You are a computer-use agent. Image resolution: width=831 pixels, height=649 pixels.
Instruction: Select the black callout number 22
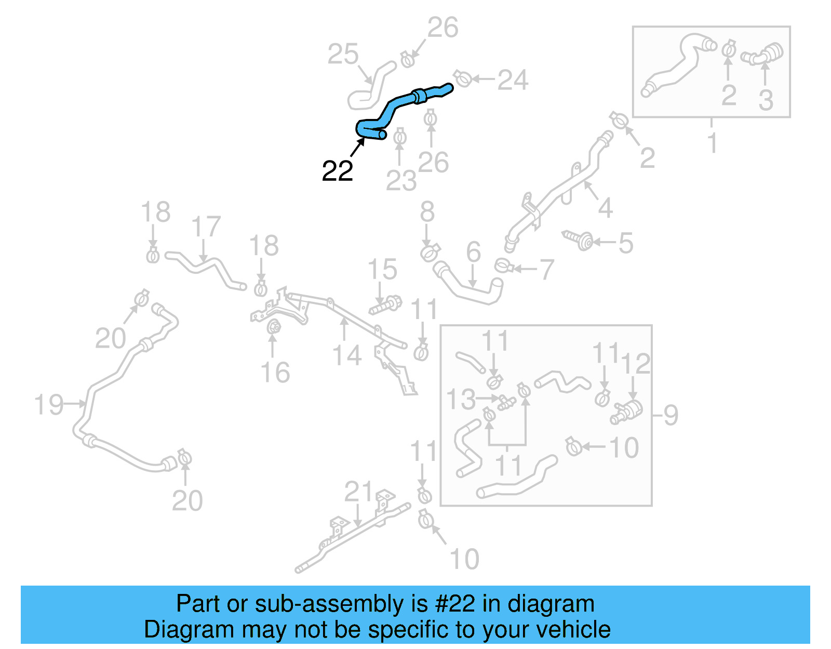point(338,171)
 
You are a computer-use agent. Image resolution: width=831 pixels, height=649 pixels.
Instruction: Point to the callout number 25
point(343,54)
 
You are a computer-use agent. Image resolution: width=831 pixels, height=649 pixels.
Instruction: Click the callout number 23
point(401,180)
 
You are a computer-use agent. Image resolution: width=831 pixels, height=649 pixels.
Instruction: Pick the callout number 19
point(49,405)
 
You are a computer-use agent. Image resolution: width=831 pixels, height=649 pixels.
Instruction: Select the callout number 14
point(346,356)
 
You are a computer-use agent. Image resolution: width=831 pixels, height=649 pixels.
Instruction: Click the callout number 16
point(275,373)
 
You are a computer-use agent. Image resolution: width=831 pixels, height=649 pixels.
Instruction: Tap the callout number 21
point(358,492)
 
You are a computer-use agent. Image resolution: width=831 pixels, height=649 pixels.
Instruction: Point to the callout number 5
point(626,243)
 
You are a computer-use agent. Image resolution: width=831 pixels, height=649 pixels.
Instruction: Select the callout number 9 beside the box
point(671,415)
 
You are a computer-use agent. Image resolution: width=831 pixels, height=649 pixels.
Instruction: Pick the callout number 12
point(635,364)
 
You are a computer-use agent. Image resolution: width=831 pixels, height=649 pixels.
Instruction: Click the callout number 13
point(461,399)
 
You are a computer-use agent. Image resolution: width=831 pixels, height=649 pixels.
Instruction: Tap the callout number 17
point(206,227)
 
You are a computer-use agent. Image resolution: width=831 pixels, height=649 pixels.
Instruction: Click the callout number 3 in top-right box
point(766,99)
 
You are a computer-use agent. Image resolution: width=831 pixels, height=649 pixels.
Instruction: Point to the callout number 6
point(473,252)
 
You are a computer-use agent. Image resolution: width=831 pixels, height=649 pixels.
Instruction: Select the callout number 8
point(427,211)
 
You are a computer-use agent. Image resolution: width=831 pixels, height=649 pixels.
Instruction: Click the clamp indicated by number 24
point(462,78)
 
